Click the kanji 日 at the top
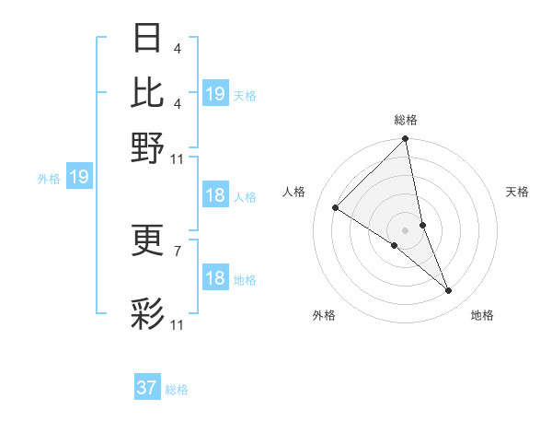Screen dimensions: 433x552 point(148,39)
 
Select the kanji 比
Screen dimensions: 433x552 point(148,92)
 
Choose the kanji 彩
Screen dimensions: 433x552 point(148,314)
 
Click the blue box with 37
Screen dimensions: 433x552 point(147,388)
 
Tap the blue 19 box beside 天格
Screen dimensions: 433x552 point(215,94)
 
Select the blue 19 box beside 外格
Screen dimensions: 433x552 point(79,177)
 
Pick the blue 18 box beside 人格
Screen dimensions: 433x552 point(215,195)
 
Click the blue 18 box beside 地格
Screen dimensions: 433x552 point(215,278)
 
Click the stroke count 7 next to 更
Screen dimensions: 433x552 point(177,250)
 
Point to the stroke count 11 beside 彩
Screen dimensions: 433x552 point(178,324)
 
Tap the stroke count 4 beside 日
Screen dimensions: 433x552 point(177,47)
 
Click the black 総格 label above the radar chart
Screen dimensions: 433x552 point(406,120)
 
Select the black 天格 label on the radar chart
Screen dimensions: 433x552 point(517,192)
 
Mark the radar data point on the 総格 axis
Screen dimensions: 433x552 point(406,140)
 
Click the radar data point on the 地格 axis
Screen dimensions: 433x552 point(449,290)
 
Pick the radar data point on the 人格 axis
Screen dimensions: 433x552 point(336,207)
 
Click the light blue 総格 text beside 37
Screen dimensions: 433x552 point(177,390)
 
